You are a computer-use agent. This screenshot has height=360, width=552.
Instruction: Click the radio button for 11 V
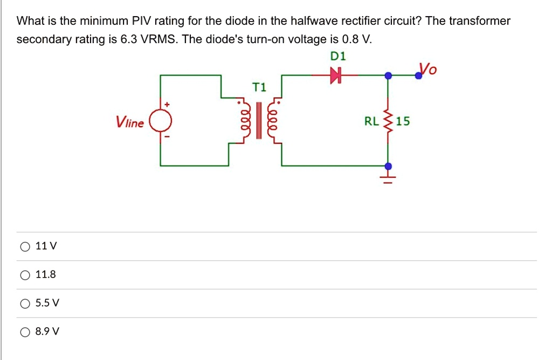pos(25,247)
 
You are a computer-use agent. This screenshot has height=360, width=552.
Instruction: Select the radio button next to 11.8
pos(25,275)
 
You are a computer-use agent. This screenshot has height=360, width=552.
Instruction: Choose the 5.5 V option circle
pos(25,303)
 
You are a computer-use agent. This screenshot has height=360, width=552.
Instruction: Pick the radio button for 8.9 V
pos(25,332)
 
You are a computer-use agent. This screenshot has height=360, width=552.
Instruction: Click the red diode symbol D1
pos(337,77)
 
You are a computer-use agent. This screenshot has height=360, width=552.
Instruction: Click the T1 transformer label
pos(259,87)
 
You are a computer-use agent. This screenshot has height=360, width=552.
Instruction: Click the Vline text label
pos(130,123)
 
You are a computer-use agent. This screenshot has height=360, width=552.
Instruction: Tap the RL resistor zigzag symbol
pos(387,121)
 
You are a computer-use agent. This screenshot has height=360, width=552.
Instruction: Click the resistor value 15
pos(403,121)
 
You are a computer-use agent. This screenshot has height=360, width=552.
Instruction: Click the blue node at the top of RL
pos(388,76)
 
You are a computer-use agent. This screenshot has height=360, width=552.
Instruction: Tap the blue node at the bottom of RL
pos(388,165)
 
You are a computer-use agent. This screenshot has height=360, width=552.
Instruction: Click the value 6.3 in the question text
pos(119,40)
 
